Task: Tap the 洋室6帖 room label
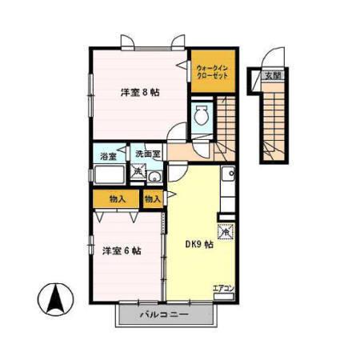122,250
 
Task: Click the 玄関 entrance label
273,76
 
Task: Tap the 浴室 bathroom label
107,154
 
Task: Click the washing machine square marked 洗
138,171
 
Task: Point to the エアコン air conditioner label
222,287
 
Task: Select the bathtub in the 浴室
108,175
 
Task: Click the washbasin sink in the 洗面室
155,178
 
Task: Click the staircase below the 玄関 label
272,120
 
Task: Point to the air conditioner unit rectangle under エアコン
223,296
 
